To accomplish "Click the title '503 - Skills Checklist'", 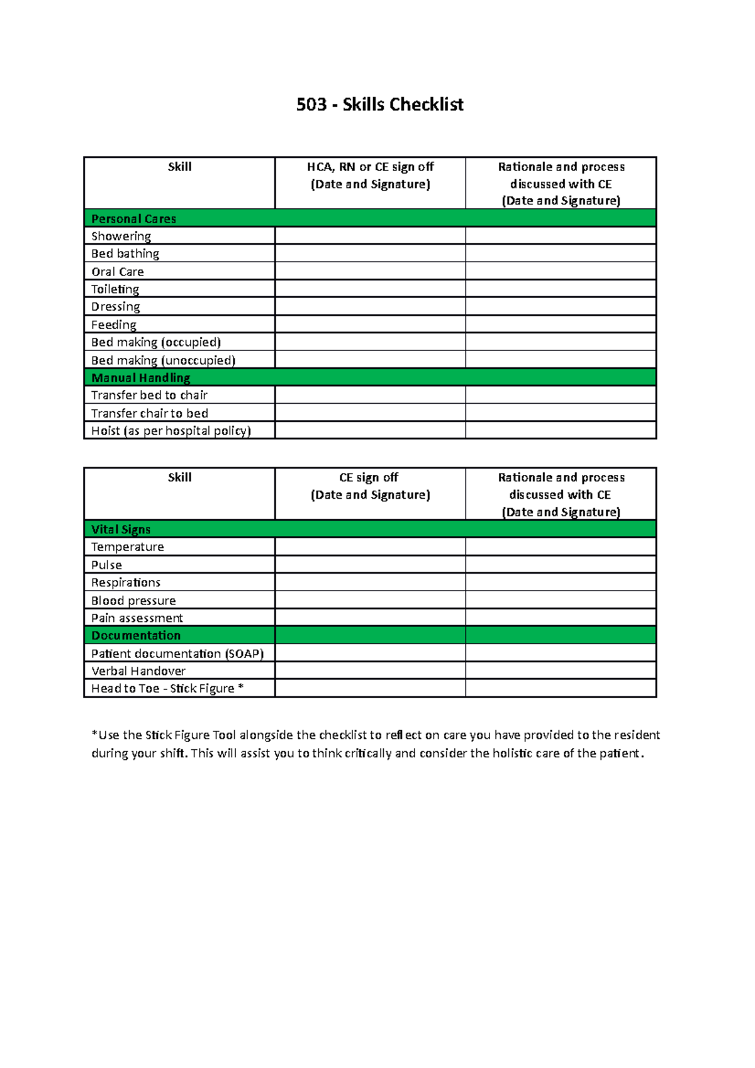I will point(379,104).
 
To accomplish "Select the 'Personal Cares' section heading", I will point(133,219).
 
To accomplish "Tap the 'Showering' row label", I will point(121,236).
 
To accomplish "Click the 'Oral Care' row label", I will point(118,272).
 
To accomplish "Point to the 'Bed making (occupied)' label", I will point(156,342).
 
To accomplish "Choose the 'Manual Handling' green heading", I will point(141,378).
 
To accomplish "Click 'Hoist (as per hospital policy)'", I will point(171,431).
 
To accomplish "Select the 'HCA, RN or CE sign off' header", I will point(370,167).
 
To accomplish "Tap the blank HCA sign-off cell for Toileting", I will point(370,289).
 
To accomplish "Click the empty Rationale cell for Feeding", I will point(561,325).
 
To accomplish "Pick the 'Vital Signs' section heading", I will point(121,530).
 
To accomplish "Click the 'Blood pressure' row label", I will point(133,601).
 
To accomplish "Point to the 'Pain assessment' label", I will point(137,618).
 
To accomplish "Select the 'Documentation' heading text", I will point(136,636).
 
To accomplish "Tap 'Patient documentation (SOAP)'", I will point(177,654).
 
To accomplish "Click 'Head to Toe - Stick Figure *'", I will point(167,689).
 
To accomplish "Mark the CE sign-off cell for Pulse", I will point(370,565).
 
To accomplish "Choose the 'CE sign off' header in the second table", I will point(369,478).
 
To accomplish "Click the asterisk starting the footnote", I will point(94,734).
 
